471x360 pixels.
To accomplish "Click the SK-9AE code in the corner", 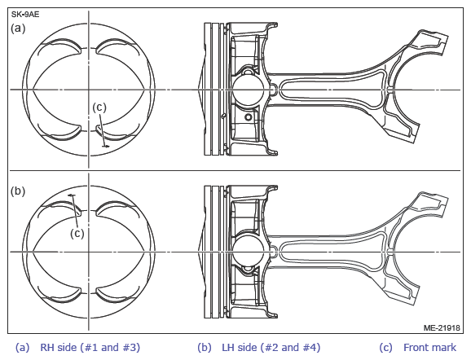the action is (25, 15).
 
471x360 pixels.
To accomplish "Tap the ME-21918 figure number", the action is (442, 327).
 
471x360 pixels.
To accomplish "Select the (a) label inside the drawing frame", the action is (18, 29).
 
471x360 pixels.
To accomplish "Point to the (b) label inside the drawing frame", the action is (18, 191).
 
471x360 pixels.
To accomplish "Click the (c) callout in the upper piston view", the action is (99, 108).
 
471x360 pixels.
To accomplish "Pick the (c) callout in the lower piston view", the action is (77, 233).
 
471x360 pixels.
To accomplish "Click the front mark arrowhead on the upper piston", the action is (106, 147).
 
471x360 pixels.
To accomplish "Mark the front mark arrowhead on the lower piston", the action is (71, 195).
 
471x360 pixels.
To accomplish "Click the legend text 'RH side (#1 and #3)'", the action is (90, 348).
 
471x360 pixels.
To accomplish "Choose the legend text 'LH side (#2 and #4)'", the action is (271, 348).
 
